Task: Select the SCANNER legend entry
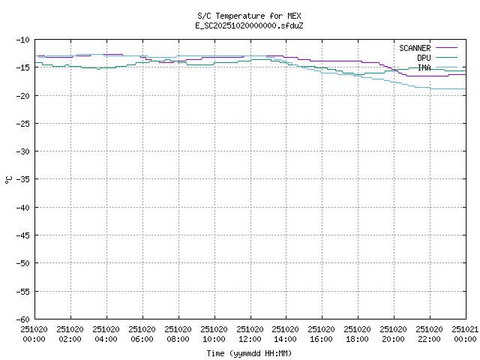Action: [x=415, y=48]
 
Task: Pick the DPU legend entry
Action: [x=424, y=58]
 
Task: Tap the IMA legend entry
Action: [x=424, y=67]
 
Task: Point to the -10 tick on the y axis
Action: [x=22, y=39]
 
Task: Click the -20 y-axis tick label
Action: [x=22, y=95]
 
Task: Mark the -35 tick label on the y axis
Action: [x=22, y=179]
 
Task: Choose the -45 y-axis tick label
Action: [x=22, y=235]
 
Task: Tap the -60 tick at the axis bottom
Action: [x=22, y=319]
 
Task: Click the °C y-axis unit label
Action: [x=8, y=179]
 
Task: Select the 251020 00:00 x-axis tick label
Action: [x=34, y=334]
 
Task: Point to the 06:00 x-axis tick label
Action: [x=142, y=334]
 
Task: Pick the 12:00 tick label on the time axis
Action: [x=250, y=334]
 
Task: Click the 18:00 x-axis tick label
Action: [x=358, y=334]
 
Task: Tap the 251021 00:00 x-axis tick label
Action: [x=466, y=334]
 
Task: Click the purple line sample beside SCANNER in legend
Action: [x=445, y=48]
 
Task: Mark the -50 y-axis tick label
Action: [x=22, y=263]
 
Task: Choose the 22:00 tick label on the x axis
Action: [x=430, y=334]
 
